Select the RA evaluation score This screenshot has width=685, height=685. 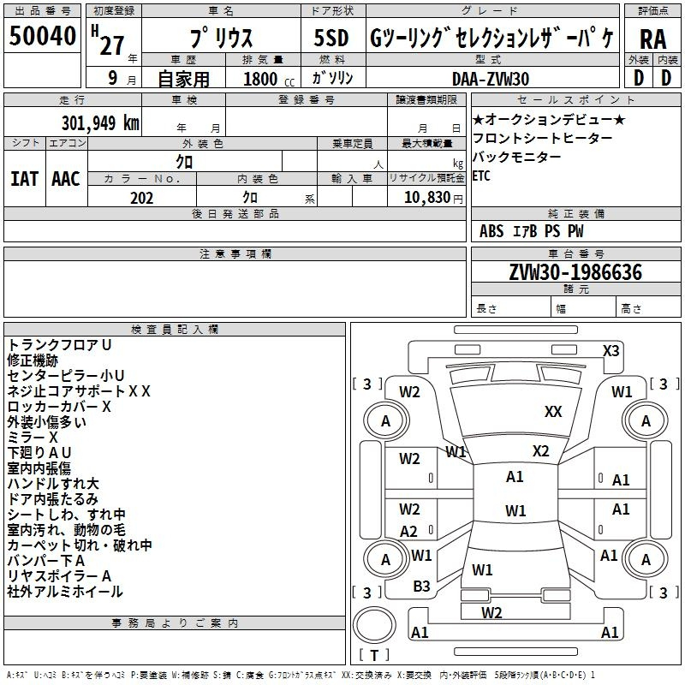click(652, 39)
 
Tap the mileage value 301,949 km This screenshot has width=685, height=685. click(101, 122)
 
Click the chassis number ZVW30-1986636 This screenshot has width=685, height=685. click(575, 272)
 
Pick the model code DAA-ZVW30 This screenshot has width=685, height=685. click(491, 78)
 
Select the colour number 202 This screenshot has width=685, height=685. click(141, 198)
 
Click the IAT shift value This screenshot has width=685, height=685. click(24, 178)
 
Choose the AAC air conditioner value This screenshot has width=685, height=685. click(65, 178)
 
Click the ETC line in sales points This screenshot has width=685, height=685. click(481, 176)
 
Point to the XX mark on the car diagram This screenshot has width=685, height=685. click(553, 412)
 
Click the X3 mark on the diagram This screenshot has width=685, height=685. click(611, 350)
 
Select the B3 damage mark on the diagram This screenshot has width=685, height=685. click(422, 586)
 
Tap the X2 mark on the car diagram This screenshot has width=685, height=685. click(540, 451)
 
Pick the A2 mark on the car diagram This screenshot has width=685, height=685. click(409, 531)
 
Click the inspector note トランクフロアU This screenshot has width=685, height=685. click(59, 344)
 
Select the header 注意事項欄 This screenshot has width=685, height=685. click(235, 254)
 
